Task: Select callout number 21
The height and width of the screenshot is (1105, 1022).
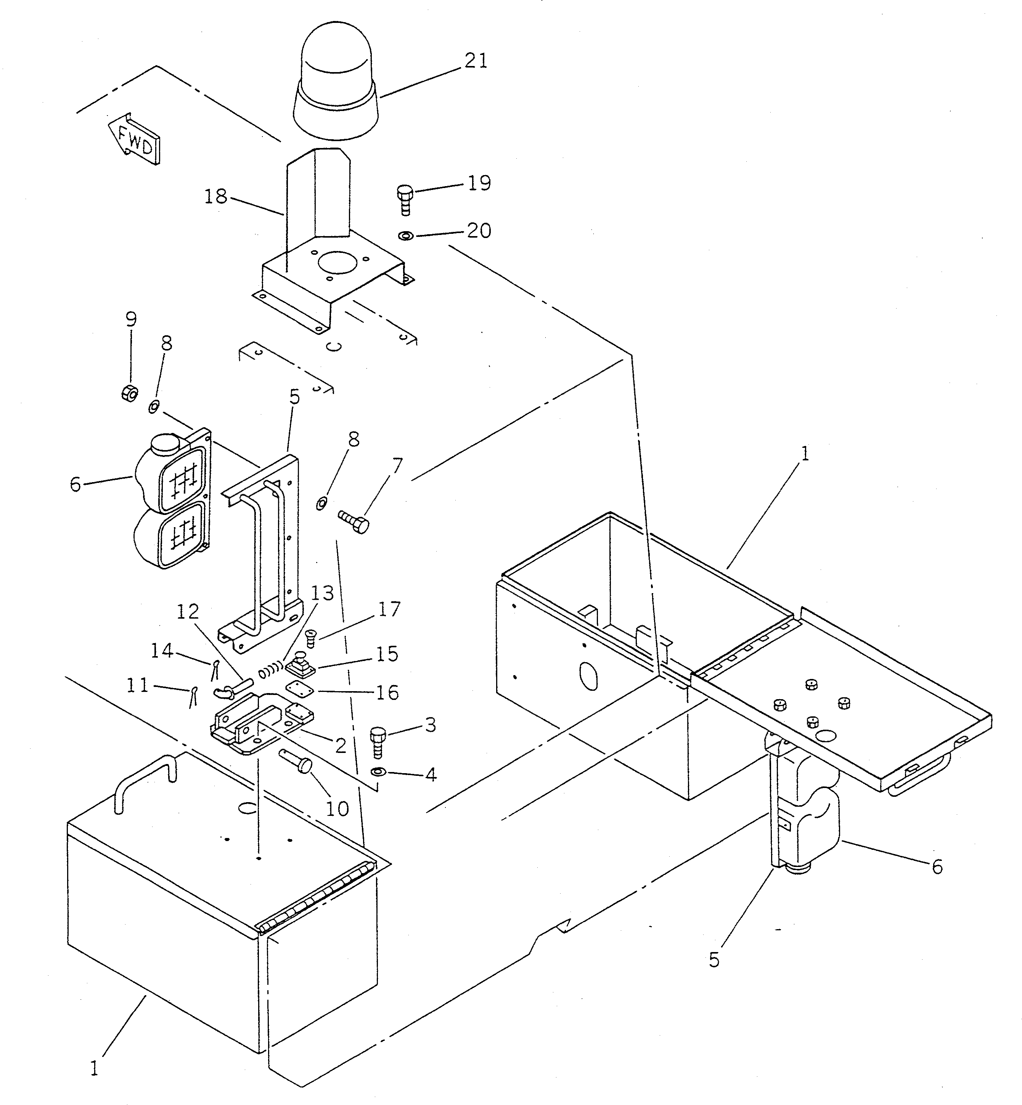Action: coord(475,60)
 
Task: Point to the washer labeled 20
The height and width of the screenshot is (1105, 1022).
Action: coord(406,236)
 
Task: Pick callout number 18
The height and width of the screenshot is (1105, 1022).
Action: coord(216,196)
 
